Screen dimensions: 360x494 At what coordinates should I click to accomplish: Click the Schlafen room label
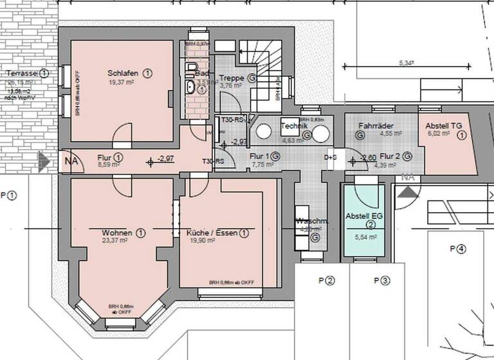(122, 73)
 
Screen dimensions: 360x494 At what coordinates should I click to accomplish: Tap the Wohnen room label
(117, 232)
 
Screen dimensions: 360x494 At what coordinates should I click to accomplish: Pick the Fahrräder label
(376, 126)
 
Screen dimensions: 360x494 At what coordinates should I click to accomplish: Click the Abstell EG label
(364, 217)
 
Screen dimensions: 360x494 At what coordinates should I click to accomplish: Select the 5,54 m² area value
(364, 237)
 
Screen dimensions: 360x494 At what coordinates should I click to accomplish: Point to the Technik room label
(295, 126)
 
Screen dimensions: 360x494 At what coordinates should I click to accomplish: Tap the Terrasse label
(19, 73)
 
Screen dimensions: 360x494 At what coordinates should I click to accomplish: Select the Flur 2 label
(390, 156)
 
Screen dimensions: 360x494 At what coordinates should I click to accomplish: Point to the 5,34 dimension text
(406, 63)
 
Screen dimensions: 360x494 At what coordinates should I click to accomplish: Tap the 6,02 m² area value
(440, 134)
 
